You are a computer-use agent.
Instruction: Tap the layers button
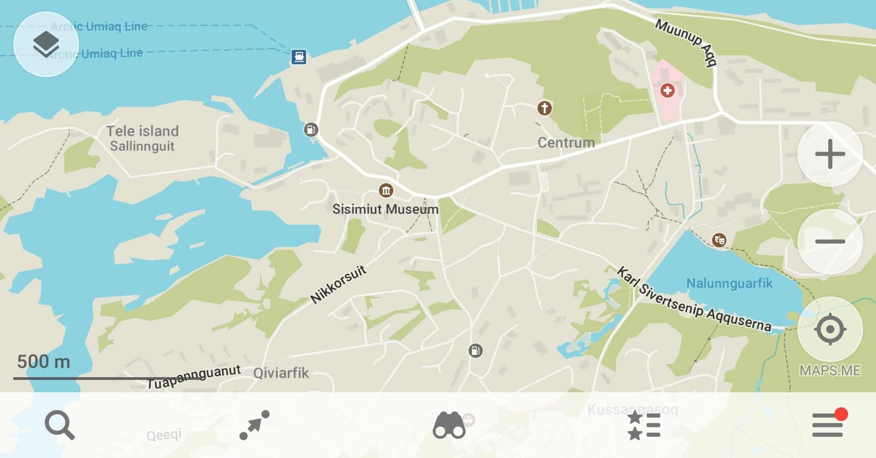pyautogui.click(x=46, y=45)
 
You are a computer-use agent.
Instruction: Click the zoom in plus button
pyautogui.click(x=830, y=154)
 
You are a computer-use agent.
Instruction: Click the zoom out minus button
pyautogui.click(x=830, y=242)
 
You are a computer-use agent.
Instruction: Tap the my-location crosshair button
pyautogui.click(x=830, y=329)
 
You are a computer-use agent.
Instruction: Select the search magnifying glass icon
pyautogui.click(x=59, y=425)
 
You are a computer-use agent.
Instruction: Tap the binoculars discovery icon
pyautogui.click(x=449, y=425)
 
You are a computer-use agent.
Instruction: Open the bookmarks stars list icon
pyautogui.click(x=644, y=425)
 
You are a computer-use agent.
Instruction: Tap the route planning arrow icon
pyautogui.click(x=255, y=425)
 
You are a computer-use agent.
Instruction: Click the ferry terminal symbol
pyautogui.click(x=299, y=57)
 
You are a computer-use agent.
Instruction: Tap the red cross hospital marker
pyautogui.click(x=667, y=90)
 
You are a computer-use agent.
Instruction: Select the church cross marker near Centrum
pyautogui.click(x=544, y=108)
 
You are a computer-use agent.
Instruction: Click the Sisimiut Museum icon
pyautogui.click(x=386, y=190)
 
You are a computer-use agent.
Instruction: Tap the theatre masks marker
pyautogui.click(x=719, y=239)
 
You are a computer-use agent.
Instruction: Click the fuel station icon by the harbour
pyautogui.click(x=311, y=130)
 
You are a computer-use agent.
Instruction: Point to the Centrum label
pyautogui.click(x=566, y=142)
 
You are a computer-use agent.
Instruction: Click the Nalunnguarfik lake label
pyautogui.click(x=729, y=283)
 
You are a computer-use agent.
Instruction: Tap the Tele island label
pyautogui.click(x=142, y=132)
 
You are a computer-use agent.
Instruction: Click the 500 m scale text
pyautogui.click(x=44, y=362)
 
